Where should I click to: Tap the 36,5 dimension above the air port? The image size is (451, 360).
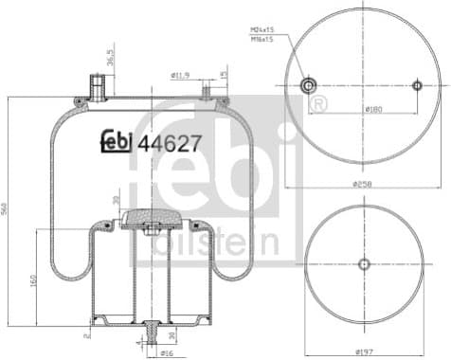tap(111, 59)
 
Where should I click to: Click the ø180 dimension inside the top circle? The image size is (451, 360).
tap(374, 110)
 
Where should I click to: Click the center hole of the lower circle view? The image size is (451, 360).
tap(364, 264)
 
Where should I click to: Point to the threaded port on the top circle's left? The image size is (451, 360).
tap(308, 86)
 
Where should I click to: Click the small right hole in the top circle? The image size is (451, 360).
tap(417, 86)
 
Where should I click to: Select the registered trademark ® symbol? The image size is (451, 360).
tap(320, 101)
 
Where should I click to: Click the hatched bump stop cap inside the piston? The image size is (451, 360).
tap(148, 217)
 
